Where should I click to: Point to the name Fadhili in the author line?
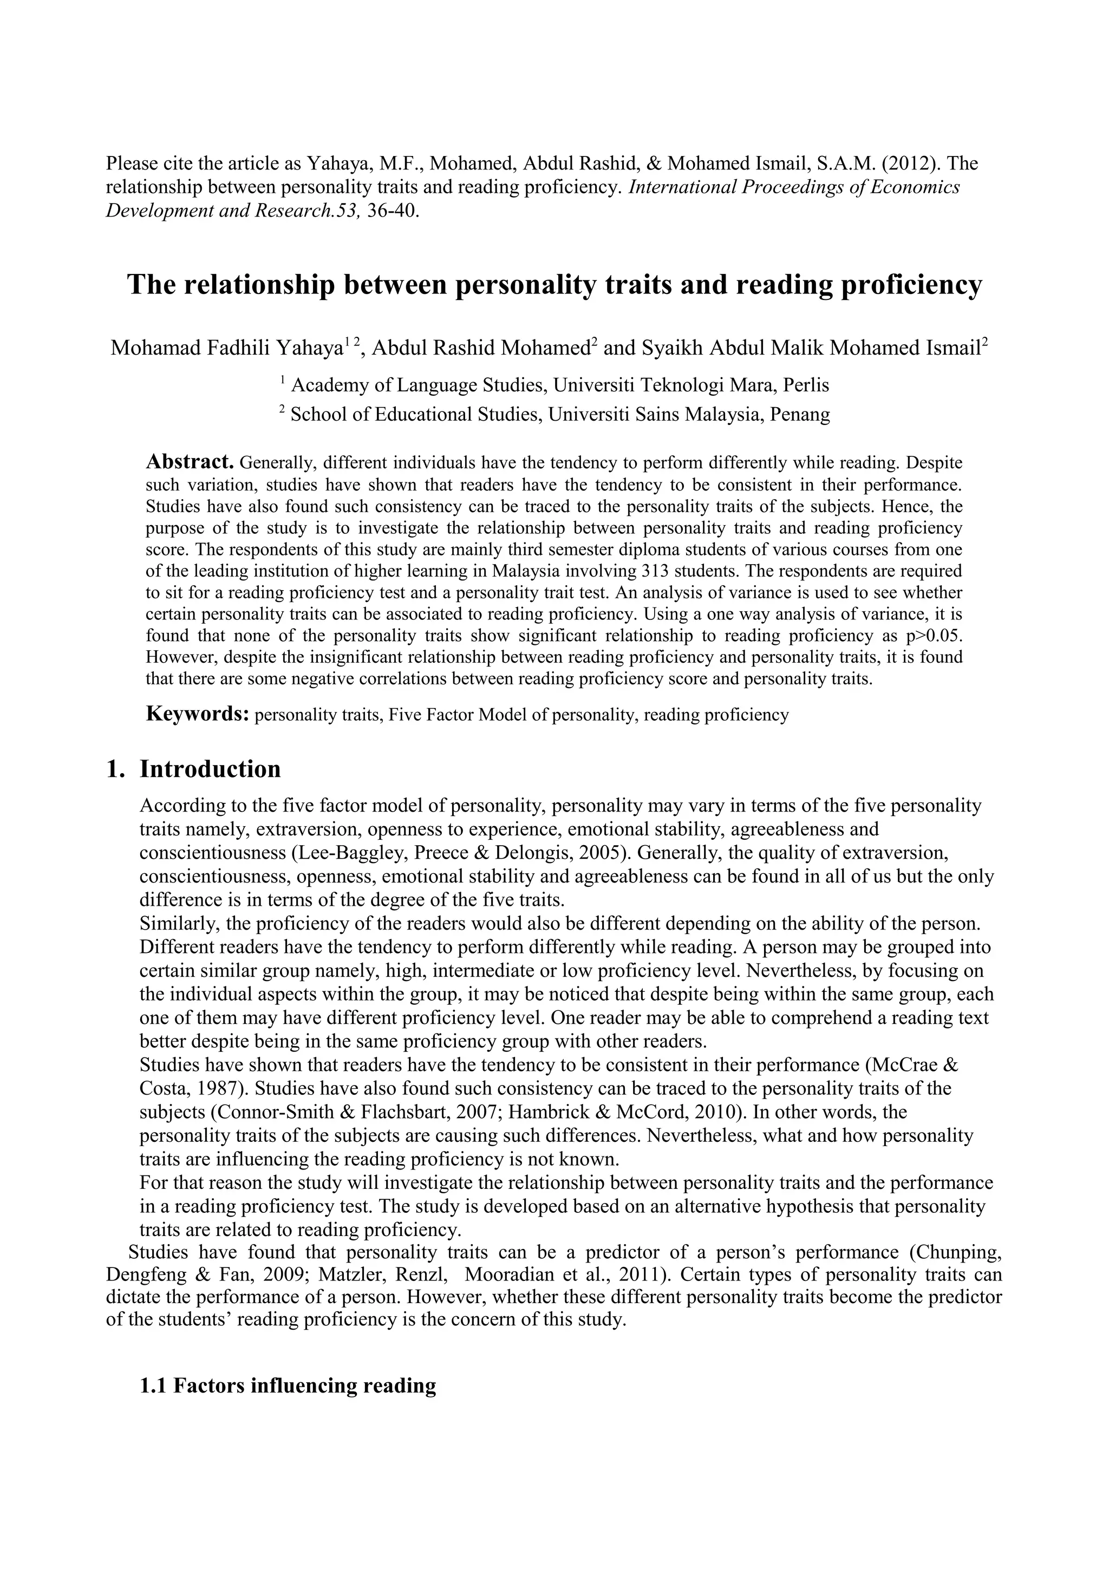coord(236,349)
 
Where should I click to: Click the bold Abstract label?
coord(190,462)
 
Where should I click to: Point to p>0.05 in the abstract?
coord(934,636)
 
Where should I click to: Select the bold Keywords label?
coord(198,714)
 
